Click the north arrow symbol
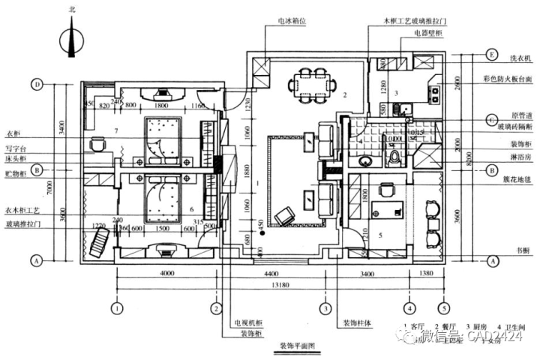(72, 37)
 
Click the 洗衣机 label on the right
(520, 57)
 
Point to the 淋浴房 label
(520, 157)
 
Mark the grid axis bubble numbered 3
(325, 307)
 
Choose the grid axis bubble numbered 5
(443, 307)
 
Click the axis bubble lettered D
(37, 84)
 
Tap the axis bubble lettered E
(491, 55)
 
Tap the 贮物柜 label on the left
(14, 172)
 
